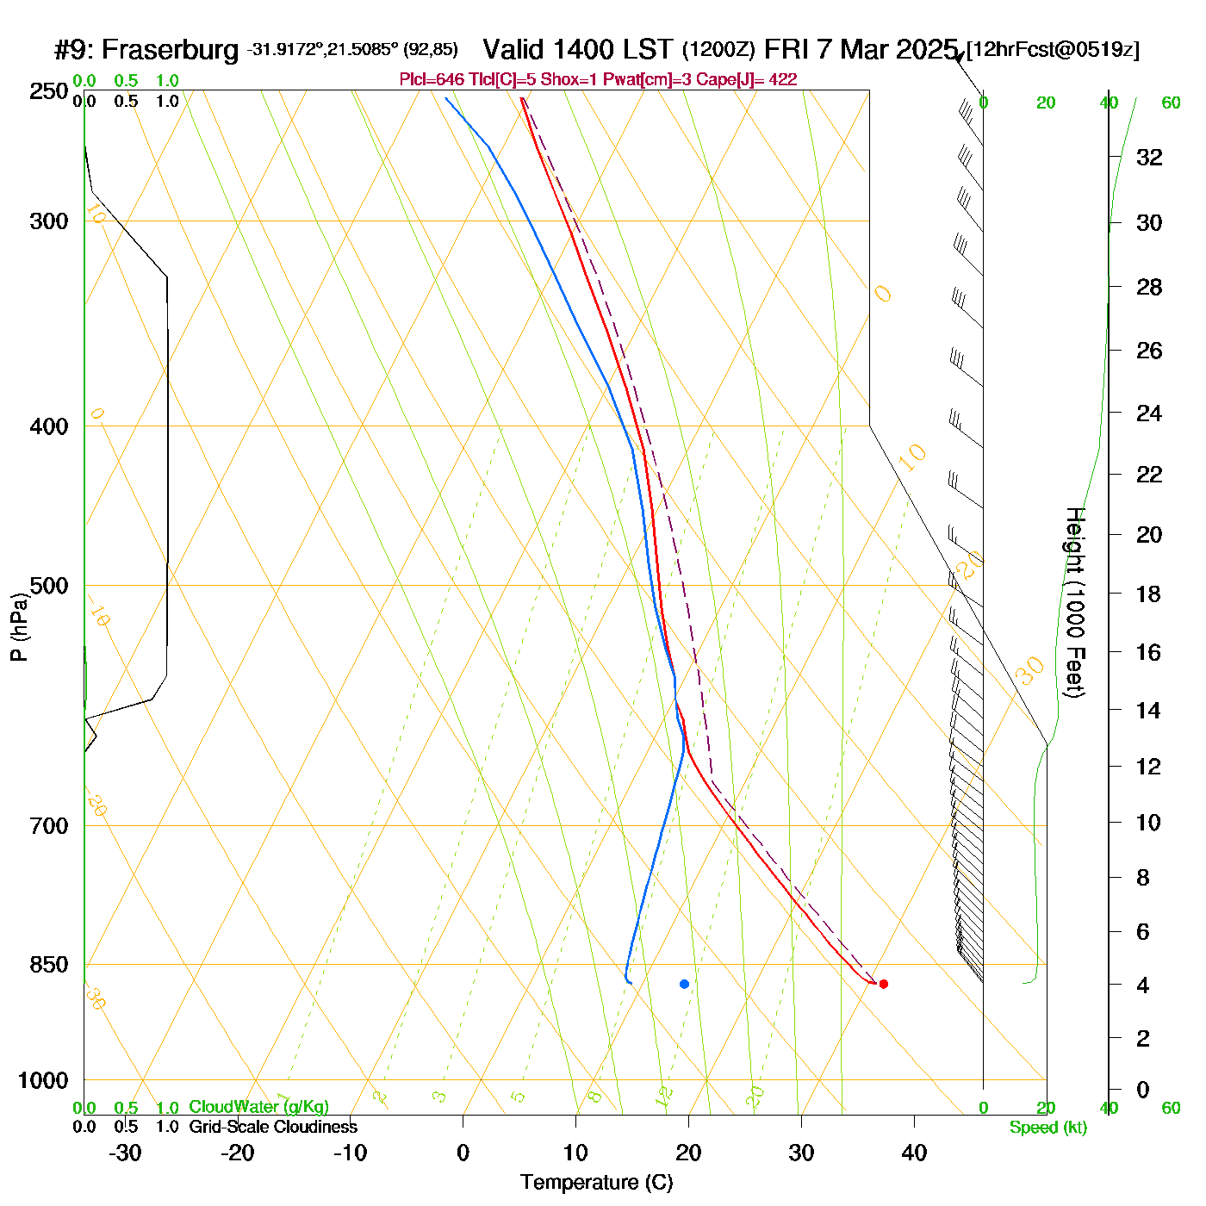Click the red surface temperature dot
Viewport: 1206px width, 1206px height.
(x=883, y=984)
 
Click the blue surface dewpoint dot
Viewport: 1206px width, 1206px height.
(x=684, y=984)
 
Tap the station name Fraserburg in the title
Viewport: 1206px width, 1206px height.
(x=170, y=50)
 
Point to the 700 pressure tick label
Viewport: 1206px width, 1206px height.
(x=48, y=825)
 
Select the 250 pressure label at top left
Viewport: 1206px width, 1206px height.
(x=48, y=91)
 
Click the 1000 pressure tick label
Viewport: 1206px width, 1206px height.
(x=43, y=1080)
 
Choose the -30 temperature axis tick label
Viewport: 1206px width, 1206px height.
(x=125, y=1153)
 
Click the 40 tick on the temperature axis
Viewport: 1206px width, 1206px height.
(x=914, y=1153)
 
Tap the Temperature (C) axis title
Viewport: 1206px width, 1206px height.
(x=596, y=1183)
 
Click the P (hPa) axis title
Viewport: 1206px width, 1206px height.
(x=19, y=626)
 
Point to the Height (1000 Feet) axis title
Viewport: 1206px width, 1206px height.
(x=1075, y=602)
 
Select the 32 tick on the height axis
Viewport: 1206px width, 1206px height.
(x=1149, y=158)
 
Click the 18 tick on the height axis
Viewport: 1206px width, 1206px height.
(x=1149, y=594)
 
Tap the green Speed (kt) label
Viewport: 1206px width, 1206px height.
(x=1047, y=1128)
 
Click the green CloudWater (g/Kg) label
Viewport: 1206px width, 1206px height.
(x=258, y=1107)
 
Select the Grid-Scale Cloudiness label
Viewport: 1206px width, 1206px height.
(x=273, y=1127)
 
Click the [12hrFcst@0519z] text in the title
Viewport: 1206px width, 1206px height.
(x=1053, y=50)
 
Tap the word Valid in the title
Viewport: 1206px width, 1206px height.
(x=513, y=49)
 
